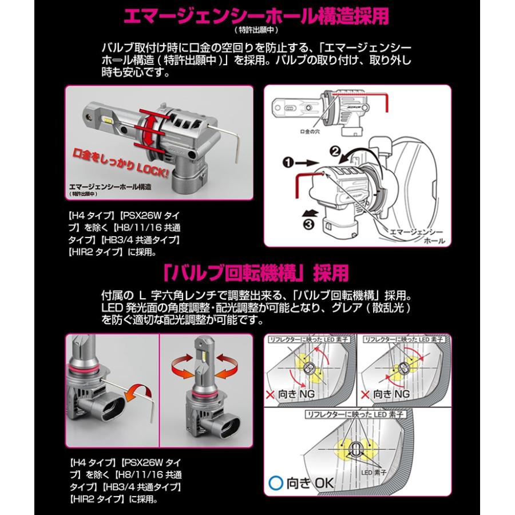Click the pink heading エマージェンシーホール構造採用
tap(257, 15)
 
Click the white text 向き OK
tap(310, 482)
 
